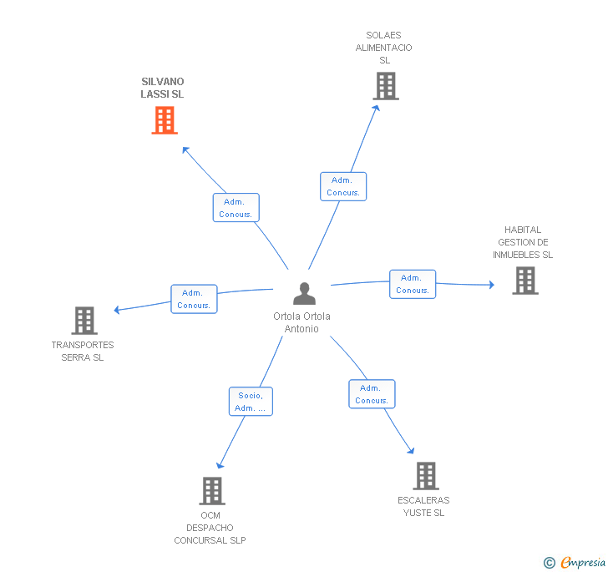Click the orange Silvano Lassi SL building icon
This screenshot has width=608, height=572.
(x=165, y=120)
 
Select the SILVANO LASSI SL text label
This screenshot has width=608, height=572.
(x=162, y=88)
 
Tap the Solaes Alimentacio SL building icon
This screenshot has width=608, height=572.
(x=385, y=86)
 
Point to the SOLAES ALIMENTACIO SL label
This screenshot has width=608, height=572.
(x=383, y=48)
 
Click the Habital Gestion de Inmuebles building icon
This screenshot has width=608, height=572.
(x=524, y=281)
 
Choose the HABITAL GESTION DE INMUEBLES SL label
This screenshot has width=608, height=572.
(x=523, y=242)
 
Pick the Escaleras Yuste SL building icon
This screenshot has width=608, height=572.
(x=426, y=476)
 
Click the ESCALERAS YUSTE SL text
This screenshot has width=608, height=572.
(x=423, y=506)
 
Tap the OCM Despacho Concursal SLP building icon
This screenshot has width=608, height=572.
(x=212, y=491)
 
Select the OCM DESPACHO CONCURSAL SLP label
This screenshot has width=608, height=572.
(x=210, y=528)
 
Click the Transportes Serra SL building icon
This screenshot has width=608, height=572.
(x=84, y=321)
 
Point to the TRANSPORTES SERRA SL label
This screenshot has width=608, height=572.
(x=83, y=351)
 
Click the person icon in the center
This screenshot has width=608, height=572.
(x=305, y=294)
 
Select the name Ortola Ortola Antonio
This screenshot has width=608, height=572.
(x=301, y=322)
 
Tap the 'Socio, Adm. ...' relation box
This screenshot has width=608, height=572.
(x=251, y=402)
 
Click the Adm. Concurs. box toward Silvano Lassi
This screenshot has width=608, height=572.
(x=236, y=208)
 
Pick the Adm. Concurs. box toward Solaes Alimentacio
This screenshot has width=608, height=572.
(x=343, y=186)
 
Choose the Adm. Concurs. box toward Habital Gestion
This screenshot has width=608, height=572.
(x=413, y=284)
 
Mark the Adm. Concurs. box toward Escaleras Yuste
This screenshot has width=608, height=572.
(x=372, y=394)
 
